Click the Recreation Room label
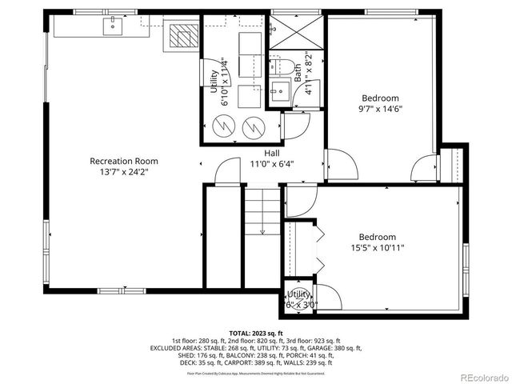[x=123, y=161]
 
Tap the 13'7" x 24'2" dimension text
[x=123, y=171]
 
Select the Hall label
[x=272, y=154]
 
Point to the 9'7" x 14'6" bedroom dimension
[x=378, y=110]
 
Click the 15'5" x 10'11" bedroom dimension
[x=376, y=248]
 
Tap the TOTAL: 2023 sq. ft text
[x=256, y=333]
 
